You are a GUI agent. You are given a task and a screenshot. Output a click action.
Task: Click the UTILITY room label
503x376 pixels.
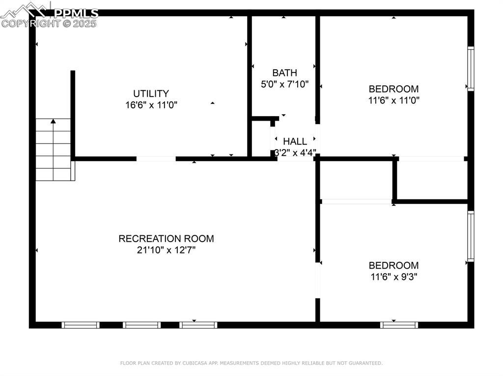coord(151,94)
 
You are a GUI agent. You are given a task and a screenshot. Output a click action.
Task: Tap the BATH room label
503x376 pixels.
coord(284,73)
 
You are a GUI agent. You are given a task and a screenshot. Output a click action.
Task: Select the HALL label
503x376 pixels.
coord(295,141)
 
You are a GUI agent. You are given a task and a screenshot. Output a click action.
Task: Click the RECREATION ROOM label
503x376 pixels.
coord(166,239)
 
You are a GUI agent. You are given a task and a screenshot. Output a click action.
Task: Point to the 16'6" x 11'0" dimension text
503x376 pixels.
coord(151,105)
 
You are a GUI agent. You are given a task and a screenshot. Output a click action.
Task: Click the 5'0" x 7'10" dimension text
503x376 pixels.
coord(284,84)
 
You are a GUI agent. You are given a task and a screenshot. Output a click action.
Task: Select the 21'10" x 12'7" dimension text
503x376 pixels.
coord(166,250)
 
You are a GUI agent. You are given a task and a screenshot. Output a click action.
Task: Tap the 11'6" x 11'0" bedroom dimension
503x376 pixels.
coord(393,100)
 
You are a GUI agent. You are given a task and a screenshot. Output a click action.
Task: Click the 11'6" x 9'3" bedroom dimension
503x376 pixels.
coord(393,276)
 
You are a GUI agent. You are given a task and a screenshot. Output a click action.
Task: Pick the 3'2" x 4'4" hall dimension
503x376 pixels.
coord(295,152)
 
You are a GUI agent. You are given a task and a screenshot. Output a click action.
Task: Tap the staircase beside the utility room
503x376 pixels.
coord(53,150)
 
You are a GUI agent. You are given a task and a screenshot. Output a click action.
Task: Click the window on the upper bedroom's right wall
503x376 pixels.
coord(471,69)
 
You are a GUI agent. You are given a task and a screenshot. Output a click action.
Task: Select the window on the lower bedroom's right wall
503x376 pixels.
coord(471,236)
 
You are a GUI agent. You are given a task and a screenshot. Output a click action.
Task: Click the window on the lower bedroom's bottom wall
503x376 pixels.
coord(399,325)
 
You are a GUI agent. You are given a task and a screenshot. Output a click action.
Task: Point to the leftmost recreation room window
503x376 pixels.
coord(81,325)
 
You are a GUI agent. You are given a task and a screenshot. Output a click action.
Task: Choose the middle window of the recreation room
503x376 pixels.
coord(141,325)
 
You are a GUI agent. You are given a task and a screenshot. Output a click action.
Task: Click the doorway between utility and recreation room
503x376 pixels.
coord(156,159)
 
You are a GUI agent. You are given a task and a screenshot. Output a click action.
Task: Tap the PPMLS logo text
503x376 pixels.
coord(76,13)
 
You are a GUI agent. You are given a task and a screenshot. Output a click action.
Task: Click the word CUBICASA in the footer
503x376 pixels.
coord(194,363)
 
